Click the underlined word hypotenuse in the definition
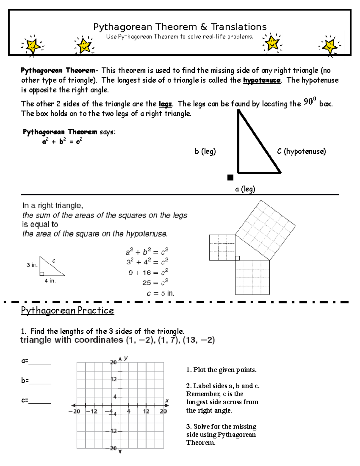coord(262,80)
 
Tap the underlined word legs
coord(165,104)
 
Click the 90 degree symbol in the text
coord(310,102)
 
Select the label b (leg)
coord(205,151)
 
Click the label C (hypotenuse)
coord(301,151)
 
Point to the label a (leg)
coord(245,189)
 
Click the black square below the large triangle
coord(230,178)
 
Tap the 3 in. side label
coord(32,265)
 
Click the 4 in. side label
coord(50,281)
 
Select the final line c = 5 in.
coord(160,293)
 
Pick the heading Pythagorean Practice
coord(67,310)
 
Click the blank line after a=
coord(40,363)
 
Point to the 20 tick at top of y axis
coord(113,362)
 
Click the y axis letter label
coord(126,358)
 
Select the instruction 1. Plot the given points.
coord(221,370)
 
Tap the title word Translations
coord(238,27)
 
